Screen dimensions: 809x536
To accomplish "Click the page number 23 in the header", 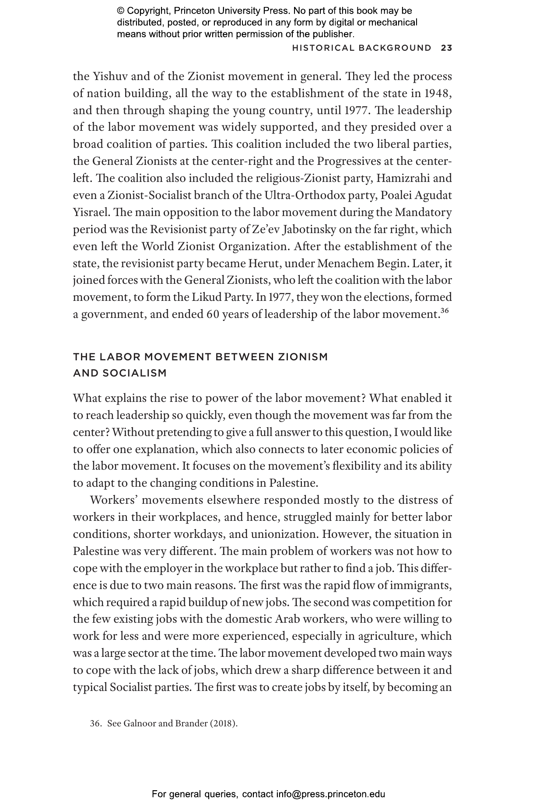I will pyautogui.click(x=446, y=48).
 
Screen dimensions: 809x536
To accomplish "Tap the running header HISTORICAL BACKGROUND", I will pyautogui.click(x=361, y=48).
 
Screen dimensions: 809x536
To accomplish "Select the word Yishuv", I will pyautogui.click(x=110, y=77).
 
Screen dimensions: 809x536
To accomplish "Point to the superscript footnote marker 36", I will pyautogui.click(x=445, y=311).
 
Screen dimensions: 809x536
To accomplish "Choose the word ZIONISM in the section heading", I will pyautogui.click(x=303, y=357).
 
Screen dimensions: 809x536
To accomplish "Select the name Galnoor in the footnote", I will pyautogui.click(x=139, y=723).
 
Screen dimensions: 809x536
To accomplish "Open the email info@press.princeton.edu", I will pyautogui.click(x=330, y=794).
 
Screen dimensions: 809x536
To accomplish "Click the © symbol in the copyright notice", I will pyautogui.click(x=121, y=11).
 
